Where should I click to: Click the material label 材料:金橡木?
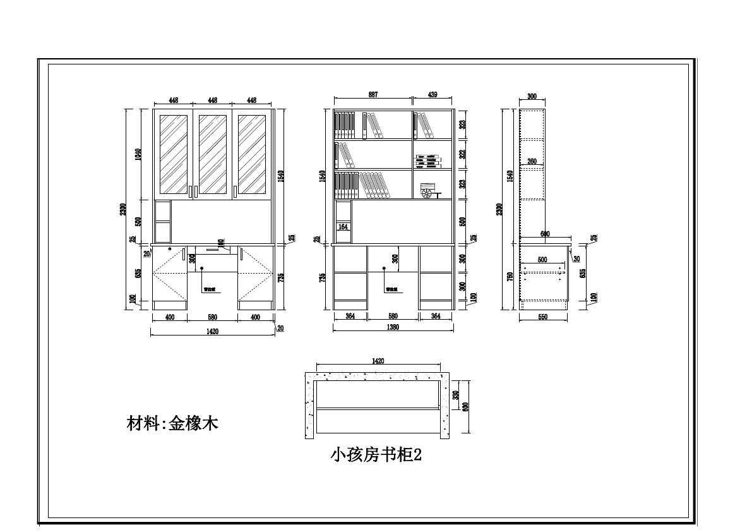coord(172,423)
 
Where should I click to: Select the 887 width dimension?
coord(373,95)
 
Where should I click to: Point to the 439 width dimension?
coord(433,95)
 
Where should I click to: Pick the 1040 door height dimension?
coord(138,154)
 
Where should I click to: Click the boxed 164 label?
coord(343,226)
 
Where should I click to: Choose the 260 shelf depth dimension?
coord(532,162)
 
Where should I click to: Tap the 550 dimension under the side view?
coord(543,317)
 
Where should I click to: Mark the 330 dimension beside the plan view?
coord(456,394)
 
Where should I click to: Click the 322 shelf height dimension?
coord(462,154)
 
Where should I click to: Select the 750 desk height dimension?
coord(510,277)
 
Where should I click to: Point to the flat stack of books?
coord(427,161)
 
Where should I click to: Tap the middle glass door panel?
coord(213,154)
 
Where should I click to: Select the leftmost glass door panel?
coord(174,154)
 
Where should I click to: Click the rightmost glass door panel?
coord(251,154)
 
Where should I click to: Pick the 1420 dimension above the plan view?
coord(378,361)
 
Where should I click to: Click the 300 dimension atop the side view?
coord(532,97)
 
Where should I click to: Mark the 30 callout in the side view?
coord(576,258)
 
